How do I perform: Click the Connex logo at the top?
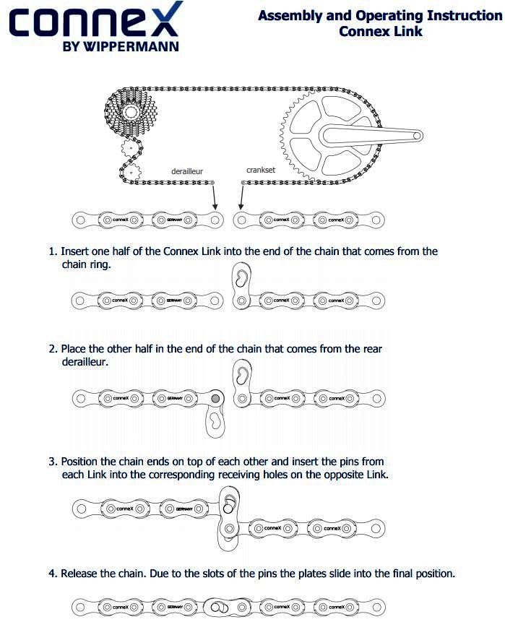(95, 22)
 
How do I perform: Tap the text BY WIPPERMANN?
(121, 47)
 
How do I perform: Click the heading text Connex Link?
(380, 31)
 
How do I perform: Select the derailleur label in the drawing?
(186, 171)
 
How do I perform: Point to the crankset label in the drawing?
(260, 170)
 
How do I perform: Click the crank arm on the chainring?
(376, 135)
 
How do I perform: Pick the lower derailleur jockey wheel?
(130, 173)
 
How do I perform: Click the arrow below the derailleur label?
(215, 196)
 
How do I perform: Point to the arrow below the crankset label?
(241, 197)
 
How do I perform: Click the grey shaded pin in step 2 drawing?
(215, 397)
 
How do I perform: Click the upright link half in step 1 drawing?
(241, 283)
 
